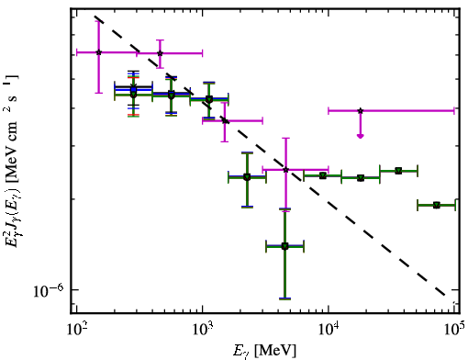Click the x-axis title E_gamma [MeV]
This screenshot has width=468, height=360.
tap(264, 351)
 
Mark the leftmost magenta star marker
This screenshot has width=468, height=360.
tap(98, 52)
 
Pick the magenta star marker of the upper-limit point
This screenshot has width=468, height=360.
tap(361, 110)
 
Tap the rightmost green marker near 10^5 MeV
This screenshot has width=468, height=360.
tap(437, 205)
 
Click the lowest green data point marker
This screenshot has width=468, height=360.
tap(284, 246)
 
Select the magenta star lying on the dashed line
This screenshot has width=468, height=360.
tap(225, 120)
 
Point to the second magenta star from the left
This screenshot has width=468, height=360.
tap(160, 53)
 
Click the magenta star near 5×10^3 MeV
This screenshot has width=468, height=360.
tap(285, 169)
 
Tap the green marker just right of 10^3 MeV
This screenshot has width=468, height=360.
tap(209, 99)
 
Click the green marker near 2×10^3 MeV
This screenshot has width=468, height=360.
tap(247, 177)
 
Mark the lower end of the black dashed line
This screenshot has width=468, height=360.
tap(445, 296)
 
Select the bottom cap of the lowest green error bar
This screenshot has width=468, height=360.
tap(284, 298)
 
